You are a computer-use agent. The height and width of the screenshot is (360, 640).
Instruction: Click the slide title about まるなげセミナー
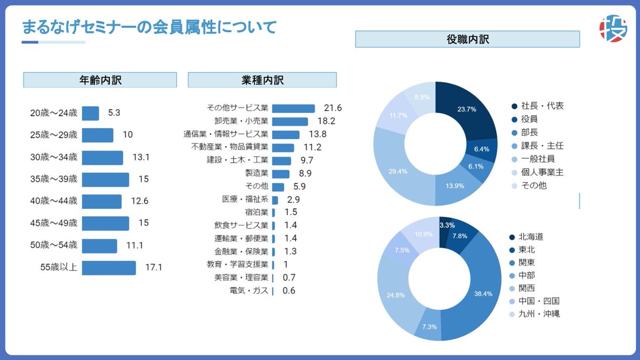pyautogui.click(x=149, y=27)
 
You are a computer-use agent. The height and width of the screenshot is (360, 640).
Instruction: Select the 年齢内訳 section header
pyautogui.click(x=100, y=80)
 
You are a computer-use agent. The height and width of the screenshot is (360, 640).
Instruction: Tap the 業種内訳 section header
pyautogui.click(x=262, y=80)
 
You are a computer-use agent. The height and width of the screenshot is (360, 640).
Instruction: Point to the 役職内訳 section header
pyautogui.click(x=467, y=39)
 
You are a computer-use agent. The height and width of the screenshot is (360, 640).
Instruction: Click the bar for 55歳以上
pyautogui.click(x=109, y=268)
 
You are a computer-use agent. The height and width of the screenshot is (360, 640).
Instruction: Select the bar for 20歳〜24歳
pyautogui.click(x=90, y=113)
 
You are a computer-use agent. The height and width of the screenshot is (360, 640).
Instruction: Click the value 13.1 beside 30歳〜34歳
pyautogui.click(x=141, y=157)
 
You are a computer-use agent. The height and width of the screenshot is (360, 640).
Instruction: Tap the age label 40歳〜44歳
pyautogui.click(x=53, y=201)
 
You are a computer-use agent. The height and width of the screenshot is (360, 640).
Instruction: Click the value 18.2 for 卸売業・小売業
pyautogui.click(x=326, y=121)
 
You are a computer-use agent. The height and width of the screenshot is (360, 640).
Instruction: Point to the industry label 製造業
pyautogui.click(x=257, y=173)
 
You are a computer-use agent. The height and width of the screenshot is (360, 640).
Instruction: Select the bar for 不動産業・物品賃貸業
pyautogui.click(x=283, y=147)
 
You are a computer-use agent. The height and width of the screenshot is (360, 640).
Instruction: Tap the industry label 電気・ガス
pyautogui.click(x=249, y=291)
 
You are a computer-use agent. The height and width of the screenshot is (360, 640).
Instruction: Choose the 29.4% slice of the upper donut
pyautogui.click(x=398, y=171)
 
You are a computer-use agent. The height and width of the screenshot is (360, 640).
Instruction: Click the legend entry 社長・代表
pyautogui.click(x=542, y=106)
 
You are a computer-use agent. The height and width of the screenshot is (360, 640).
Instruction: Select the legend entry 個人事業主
pyautogui.click(x=542, y=172)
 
